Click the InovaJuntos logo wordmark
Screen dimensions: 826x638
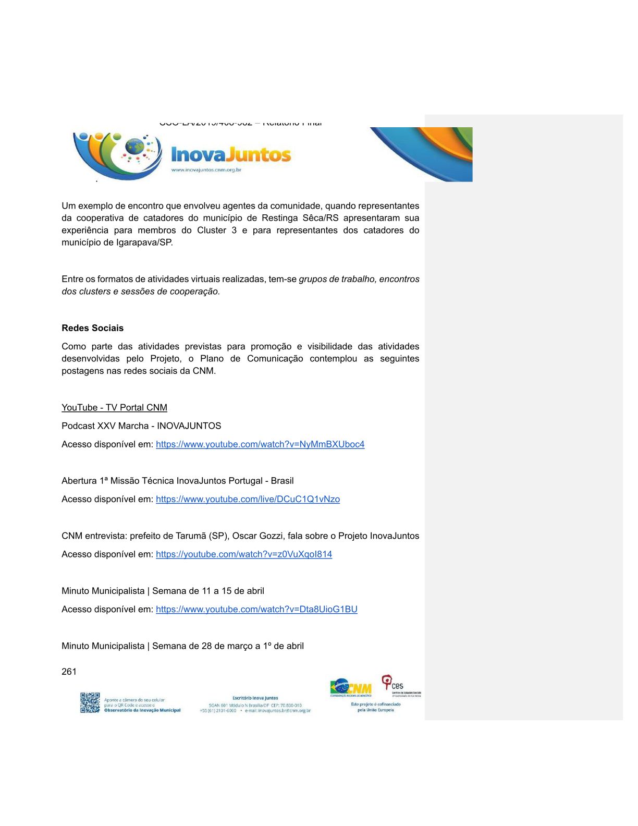coord(231,155)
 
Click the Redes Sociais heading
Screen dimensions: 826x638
coord(92,328)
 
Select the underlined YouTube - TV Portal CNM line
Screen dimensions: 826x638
coord(114,407)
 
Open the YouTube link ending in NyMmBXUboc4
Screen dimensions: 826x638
coord(260,444)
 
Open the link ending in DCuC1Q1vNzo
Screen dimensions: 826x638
coord(248,499)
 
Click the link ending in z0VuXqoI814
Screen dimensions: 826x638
coord(244,554)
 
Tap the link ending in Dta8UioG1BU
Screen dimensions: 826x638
coord(256,609)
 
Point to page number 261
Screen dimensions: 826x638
coord(69,672)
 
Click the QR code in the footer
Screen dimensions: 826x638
coord(90,702)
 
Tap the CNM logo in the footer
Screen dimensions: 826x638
coord(351,688)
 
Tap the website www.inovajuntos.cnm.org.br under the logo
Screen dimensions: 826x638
coord(206,170)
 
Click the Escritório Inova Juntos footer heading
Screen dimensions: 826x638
coord(255,698)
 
